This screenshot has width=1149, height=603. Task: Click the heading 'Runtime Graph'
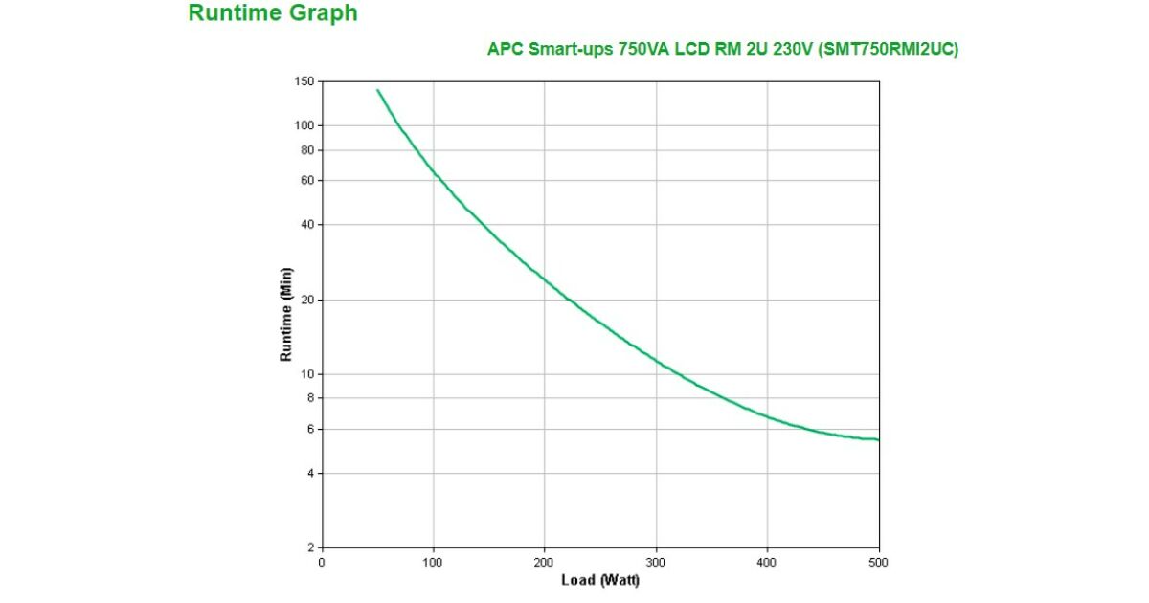(273, 13)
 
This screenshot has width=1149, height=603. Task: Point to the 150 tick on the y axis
(304, 82)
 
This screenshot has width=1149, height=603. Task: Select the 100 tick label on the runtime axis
(304, 125)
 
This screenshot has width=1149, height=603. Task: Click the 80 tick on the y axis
(307, 150)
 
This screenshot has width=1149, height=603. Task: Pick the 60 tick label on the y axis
(307, 180)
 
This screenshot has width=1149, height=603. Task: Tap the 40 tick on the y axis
(307, 225)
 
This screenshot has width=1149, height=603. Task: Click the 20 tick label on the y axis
(307, 301)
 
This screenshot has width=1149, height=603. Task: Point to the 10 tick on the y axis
(307, 374)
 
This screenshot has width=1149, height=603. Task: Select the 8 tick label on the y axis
(310, 397)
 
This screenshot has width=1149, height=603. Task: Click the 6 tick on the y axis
(310, 429)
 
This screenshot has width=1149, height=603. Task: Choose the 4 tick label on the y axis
(310, 474)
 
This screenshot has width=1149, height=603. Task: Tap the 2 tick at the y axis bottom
(310, 547)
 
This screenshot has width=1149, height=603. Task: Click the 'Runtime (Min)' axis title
(285, 314)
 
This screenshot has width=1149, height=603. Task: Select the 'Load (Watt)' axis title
(600, 580)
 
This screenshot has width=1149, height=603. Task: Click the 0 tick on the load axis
(322, 562)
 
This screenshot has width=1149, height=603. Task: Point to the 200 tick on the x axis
(545, 562)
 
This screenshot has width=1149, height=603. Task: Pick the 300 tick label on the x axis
(656, 562)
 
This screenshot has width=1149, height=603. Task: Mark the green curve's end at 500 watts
(878, 439)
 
